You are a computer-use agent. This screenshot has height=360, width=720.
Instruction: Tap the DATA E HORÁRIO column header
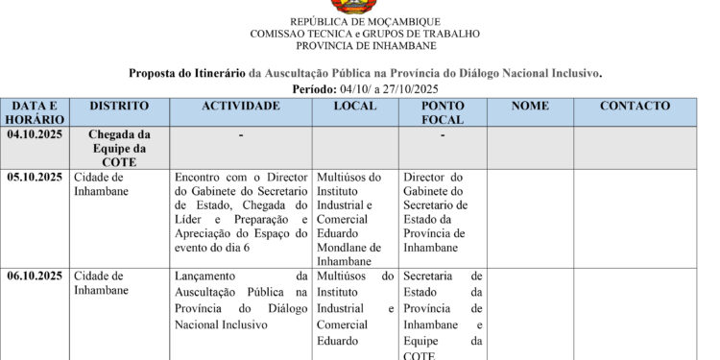(x=35, y=112)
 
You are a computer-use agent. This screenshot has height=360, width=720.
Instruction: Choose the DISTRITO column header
(x=119, y=106)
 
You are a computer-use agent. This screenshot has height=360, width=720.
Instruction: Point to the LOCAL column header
(x=354, y=106)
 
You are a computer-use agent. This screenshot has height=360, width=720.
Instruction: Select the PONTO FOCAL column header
(x=443, y=112)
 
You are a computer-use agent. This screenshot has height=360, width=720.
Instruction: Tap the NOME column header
(x=530, y=106)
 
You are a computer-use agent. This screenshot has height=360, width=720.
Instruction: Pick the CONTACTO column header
(x=635, y=106)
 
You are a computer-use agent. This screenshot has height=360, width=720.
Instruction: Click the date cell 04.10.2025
(x=35, y=135)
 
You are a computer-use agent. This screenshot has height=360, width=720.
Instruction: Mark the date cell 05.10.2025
(x=35, y=178)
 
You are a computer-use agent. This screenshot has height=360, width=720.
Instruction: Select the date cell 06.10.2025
(x=35, y=276)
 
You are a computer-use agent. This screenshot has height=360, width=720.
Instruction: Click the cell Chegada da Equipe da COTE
(x=119, y=149)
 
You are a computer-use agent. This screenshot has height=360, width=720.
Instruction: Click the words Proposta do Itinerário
(x=187, y=73)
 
